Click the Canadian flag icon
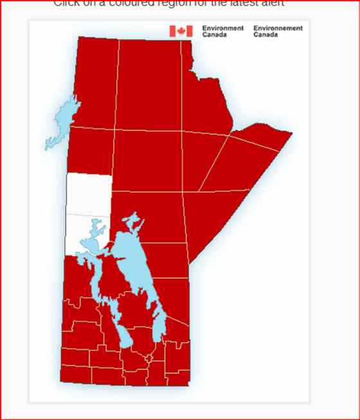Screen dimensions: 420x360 pos(181,31)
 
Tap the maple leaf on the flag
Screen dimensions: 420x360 pos(181,31)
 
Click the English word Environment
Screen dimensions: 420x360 pos(222,28)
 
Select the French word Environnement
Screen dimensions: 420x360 pos(278,28)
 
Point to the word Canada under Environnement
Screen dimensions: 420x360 pos(265,35)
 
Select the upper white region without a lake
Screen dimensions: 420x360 pos(89,194)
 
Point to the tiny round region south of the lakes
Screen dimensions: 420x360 pos(148,357)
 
